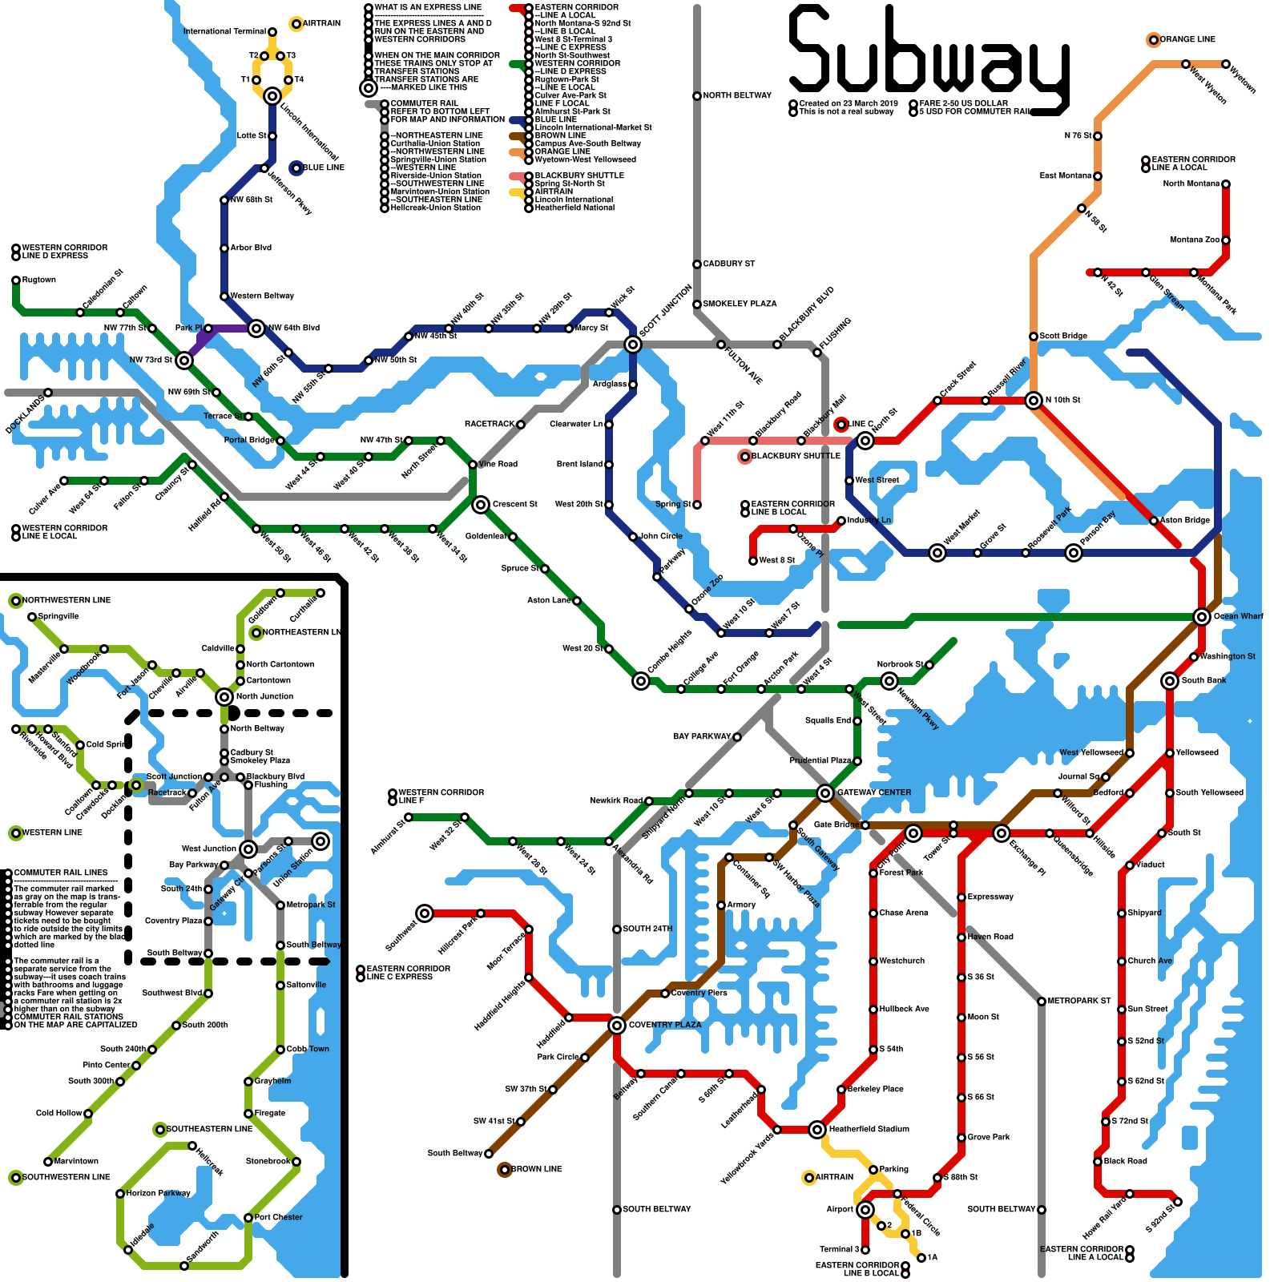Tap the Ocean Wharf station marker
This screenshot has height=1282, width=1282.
tap(1201, 616)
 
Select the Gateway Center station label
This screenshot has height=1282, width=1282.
tap(874, 792)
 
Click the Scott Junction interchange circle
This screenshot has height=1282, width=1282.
tap(633, 345)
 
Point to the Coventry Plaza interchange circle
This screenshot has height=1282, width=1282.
tap(616, 1026)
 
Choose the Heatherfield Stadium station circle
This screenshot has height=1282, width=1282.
tap(816, 1130)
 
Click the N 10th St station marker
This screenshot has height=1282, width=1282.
tap(1034, 401)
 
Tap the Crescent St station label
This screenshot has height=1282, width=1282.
tap(514, 504)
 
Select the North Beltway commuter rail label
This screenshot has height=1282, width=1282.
tap(737, 95)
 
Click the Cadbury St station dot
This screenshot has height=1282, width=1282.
tap(697, 264)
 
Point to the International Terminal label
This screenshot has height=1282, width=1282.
tap(224, 31)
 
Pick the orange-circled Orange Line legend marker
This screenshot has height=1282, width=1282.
tap(1153, 40)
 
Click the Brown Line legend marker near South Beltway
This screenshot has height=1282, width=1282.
tap(504, 1170)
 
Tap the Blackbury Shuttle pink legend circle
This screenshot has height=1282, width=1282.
tap(745, 457)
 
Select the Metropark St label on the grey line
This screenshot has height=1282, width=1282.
tap(1078, 1001)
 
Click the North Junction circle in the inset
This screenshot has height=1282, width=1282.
tap(224, 697)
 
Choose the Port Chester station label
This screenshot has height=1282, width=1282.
tap(278, 1217)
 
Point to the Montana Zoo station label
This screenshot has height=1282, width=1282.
tap(1194, 240)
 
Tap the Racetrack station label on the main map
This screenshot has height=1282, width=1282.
tap(490, 424)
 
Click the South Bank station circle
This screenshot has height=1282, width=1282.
tap(1170, 681)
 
